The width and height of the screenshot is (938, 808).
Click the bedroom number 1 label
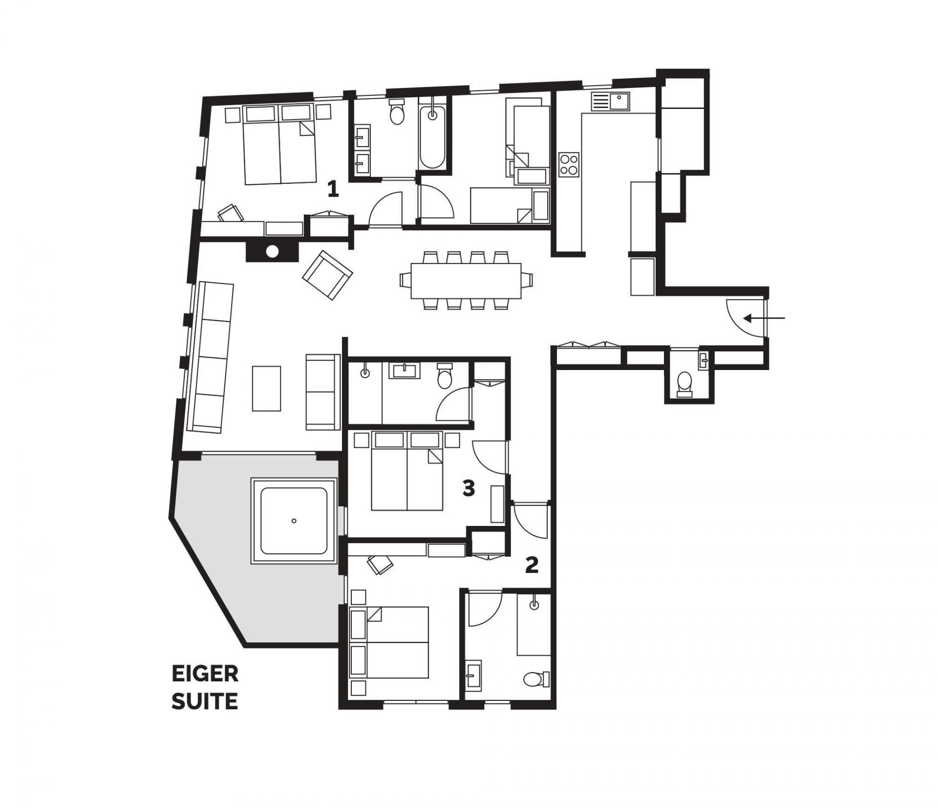333,189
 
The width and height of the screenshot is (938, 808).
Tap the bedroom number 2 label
532,565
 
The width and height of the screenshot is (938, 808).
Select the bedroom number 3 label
469,488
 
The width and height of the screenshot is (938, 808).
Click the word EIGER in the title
205,675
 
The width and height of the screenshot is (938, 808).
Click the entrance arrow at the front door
764,318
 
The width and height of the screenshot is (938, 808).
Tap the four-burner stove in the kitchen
569,164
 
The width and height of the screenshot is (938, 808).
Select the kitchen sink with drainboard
611,101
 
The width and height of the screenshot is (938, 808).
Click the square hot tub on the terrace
294,521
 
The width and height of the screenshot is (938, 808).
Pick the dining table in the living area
466,281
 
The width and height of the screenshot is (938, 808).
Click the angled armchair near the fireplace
327,275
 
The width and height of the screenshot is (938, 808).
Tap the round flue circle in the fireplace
272,252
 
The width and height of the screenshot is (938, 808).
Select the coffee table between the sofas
267,389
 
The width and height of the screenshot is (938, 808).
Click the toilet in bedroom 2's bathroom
536,678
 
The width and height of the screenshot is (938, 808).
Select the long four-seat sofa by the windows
211,357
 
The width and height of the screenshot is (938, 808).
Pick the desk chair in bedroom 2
380,564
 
